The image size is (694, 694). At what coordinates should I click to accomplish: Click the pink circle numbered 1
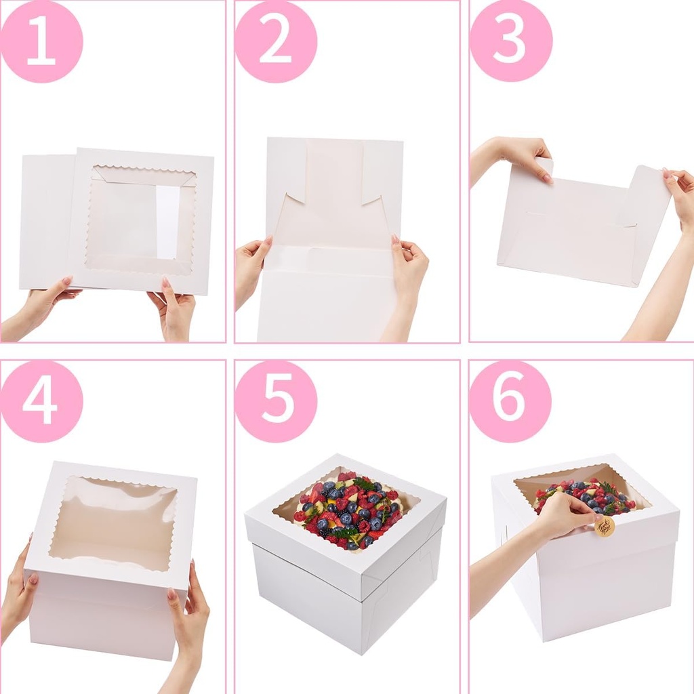tap(41, 41)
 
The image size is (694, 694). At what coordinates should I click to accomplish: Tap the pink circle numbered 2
tap(276, 41)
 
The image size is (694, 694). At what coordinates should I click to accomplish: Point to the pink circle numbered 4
tap(41, 401)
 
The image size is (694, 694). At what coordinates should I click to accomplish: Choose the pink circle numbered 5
tap(276, 401)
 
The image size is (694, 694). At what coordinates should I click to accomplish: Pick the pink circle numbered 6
tap(510, 401)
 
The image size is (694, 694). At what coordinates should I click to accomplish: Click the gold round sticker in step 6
tap(605, 527)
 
